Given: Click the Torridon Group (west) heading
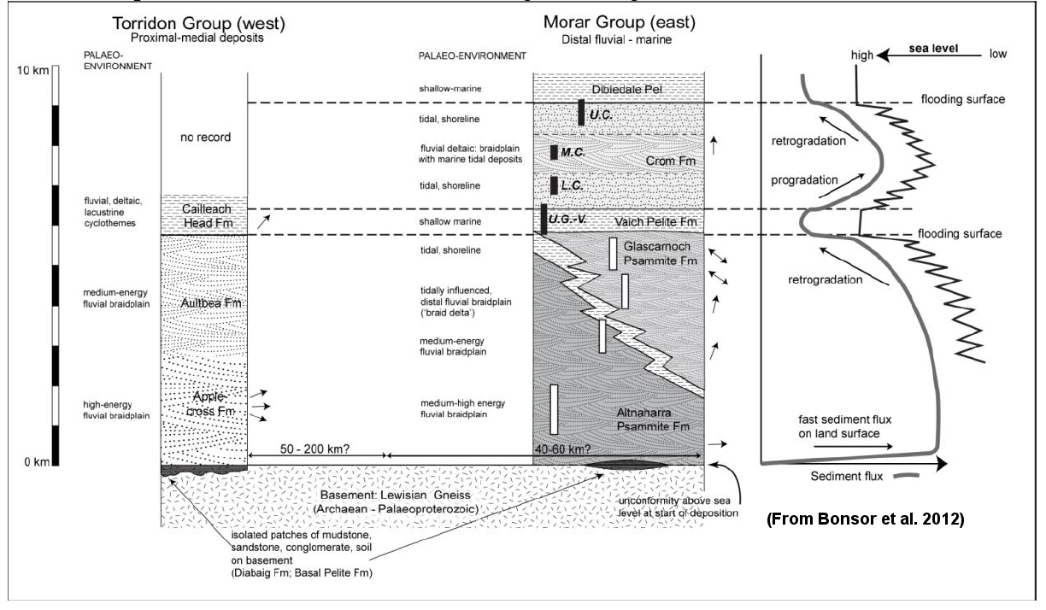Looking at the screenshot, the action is [198, 23].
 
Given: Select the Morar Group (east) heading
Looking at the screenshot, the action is [620, 22].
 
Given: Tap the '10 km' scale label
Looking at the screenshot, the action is [32, 70].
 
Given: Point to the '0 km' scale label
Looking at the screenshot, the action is [37, 462].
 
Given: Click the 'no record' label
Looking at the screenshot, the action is [205, 138].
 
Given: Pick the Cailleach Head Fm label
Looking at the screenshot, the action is [207, 216].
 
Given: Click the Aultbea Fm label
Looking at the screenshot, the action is [211, 303].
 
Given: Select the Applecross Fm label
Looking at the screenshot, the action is [210, 404].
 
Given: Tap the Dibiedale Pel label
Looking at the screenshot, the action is [626, 89].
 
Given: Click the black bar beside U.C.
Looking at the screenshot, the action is [581, 113].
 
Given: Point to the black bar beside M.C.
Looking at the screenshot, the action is [554, 152].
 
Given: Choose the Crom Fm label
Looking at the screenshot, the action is [671, 161].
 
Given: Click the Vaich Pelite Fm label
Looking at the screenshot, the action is [655, 222].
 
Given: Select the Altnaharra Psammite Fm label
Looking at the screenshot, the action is [653, 419].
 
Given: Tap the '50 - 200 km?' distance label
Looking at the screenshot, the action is [314, 449].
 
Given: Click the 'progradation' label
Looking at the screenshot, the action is [804, 180].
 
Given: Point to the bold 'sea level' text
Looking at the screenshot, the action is [933, 49].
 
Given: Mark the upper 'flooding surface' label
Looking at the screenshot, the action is [963, 99].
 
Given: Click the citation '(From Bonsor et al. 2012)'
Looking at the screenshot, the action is [866, 519].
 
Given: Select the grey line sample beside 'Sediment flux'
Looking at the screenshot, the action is [907, 477].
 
